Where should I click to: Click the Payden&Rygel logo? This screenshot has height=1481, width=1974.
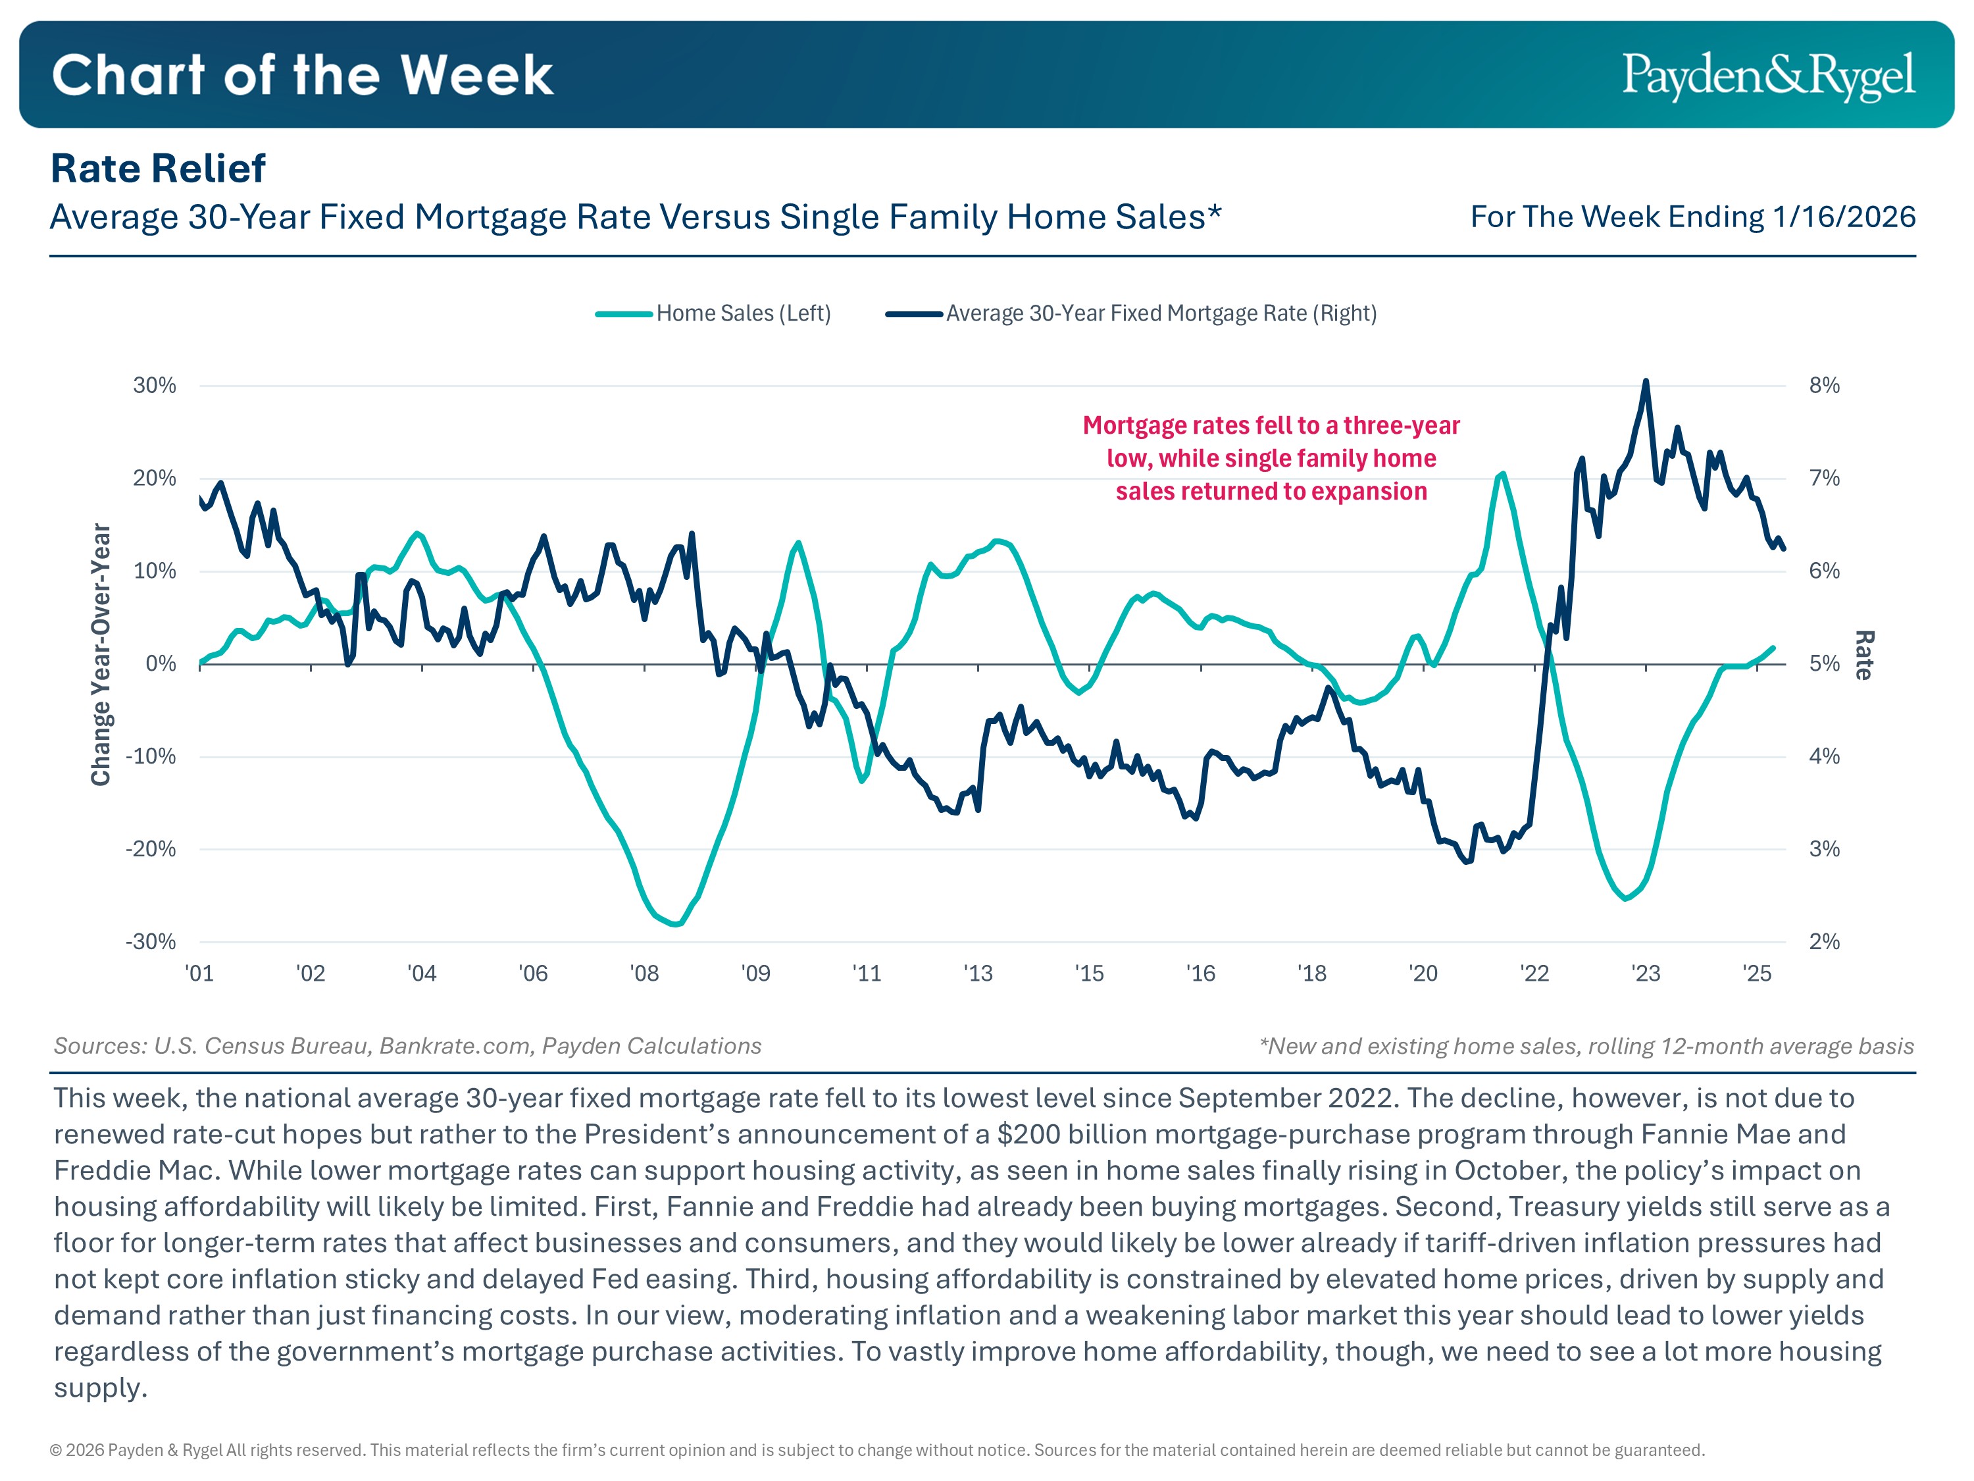pos(1768,76)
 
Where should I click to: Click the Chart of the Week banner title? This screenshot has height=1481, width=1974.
pos(303,75)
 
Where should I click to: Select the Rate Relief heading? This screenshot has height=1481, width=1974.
pos(158,169)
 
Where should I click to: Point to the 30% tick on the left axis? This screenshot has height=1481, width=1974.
pos(155,386)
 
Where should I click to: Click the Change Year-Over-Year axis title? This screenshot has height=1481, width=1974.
pos(101,654)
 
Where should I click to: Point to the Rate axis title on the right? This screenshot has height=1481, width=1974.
pos(1864,655)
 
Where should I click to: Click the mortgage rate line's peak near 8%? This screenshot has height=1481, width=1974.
pos(1646,382)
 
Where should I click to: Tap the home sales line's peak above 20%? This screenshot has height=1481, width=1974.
pos(1503,473)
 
